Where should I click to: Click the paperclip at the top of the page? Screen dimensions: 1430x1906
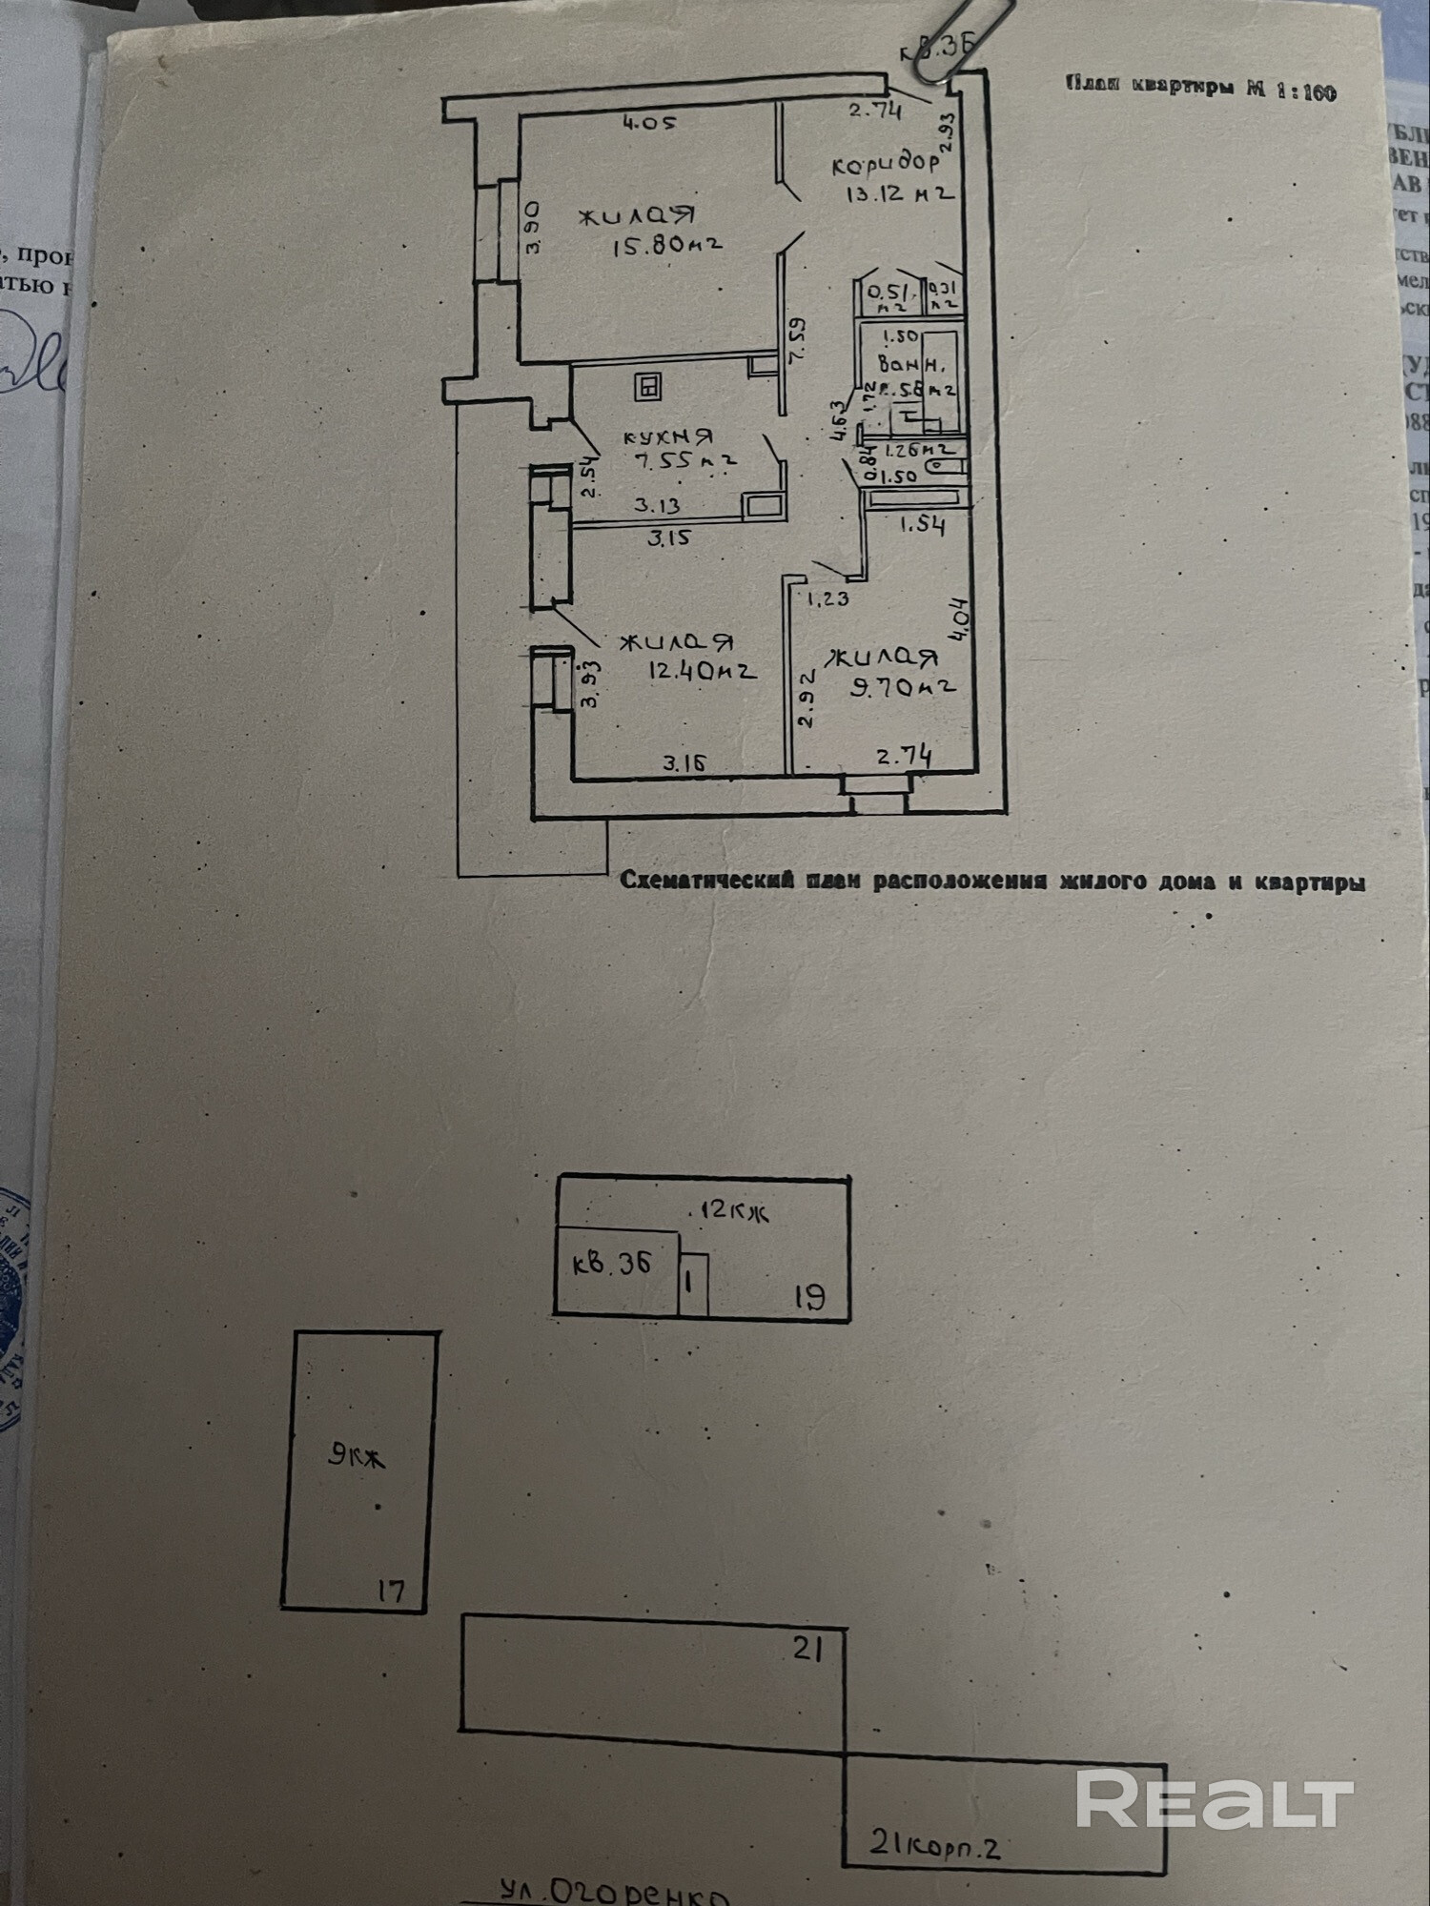pos(957,39)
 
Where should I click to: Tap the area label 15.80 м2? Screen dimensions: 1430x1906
pos(666,245)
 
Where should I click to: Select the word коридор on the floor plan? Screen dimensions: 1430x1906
pos(886,164)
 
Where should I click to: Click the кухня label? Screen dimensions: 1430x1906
pos(667,437)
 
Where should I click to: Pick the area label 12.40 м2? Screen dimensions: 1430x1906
pos(703,670)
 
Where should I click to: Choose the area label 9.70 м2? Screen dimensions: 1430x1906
pos(904,686)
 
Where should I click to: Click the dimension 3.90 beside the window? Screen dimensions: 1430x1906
pos(533,226)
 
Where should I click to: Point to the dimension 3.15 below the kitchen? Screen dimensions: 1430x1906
pos(669,537)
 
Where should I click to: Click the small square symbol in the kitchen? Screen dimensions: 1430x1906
pos(648,387)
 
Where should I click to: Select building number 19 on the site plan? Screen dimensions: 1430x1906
pos(808,1296)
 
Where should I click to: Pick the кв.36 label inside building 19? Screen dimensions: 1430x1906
pos(611,1264)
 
